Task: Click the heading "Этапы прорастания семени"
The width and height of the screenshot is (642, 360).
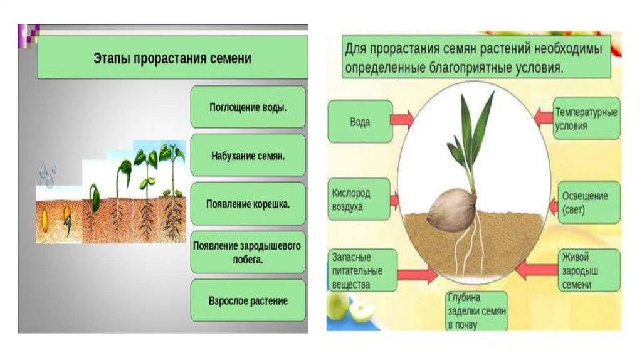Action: coord(172,58)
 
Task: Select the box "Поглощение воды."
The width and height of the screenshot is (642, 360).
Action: coord(248,107)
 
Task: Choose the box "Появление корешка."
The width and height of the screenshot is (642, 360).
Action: coord(248,204)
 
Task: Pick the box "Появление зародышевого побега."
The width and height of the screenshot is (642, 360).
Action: coord(248,251)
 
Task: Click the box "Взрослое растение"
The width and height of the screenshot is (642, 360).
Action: coord(248,301)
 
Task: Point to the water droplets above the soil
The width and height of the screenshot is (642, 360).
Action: coord(48,175)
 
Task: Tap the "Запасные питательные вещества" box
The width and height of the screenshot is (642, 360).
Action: coord(362,270)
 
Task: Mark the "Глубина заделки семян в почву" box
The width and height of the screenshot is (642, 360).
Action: coord(477,310)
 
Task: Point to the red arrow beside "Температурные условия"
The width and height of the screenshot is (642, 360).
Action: coord(543,116)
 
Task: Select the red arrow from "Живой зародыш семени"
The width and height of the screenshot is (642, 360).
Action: coord(535,270)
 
